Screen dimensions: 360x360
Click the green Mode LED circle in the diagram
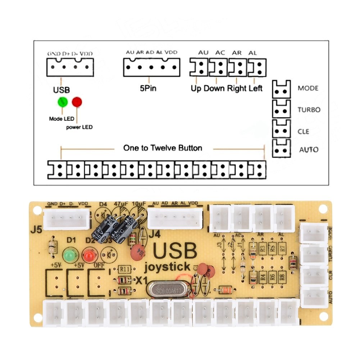[63, 102]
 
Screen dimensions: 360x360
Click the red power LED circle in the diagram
[77, 102]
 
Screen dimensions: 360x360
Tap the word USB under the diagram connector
[61, 90]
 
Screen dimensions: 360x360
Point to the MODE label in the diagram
[308, 88]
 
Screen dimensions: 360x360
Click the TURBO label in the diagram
[309, 110]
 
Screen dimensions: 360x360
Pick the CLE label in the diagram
[303, 131]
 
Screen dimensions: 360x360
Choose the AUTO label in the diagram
[309, 150]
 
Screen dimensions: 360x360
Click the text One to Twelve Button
[163, 148]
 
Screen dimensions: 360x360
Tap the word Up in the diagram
[196, 88]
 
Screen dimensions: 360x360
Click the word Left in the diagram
[255, 88]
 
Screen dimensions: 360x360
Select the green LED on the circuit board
[69, 256]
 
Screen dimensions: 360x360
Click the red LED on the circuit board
[89, 256]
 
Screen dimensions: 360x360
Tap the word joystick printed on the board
[167, 267]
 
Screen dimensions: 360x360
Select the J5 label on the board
[35, 229]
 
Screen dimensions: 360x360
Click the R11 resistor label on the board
[124, 269]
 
